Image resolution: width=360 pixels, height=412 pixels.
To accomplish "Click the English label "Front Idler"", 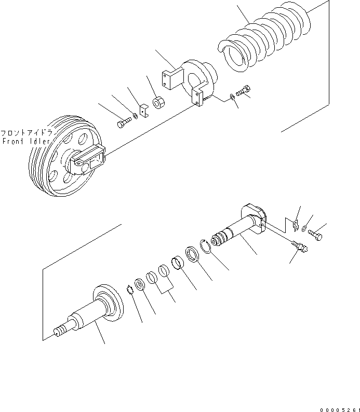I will (x=26, y=141).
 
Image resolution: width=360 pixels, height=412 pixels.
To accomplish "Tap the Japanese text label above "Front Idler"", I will (x=26, y=133).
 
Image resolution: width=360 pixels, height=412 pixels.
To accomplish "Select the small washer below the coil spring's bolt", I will (x=232, y=98).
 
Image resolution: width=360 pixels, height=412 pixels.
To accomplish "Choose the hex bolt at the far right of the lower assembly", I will (x=315, y=235).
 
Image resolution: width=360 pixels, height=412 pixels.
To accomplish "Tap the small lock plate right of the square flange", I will (x=295, y=225).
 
